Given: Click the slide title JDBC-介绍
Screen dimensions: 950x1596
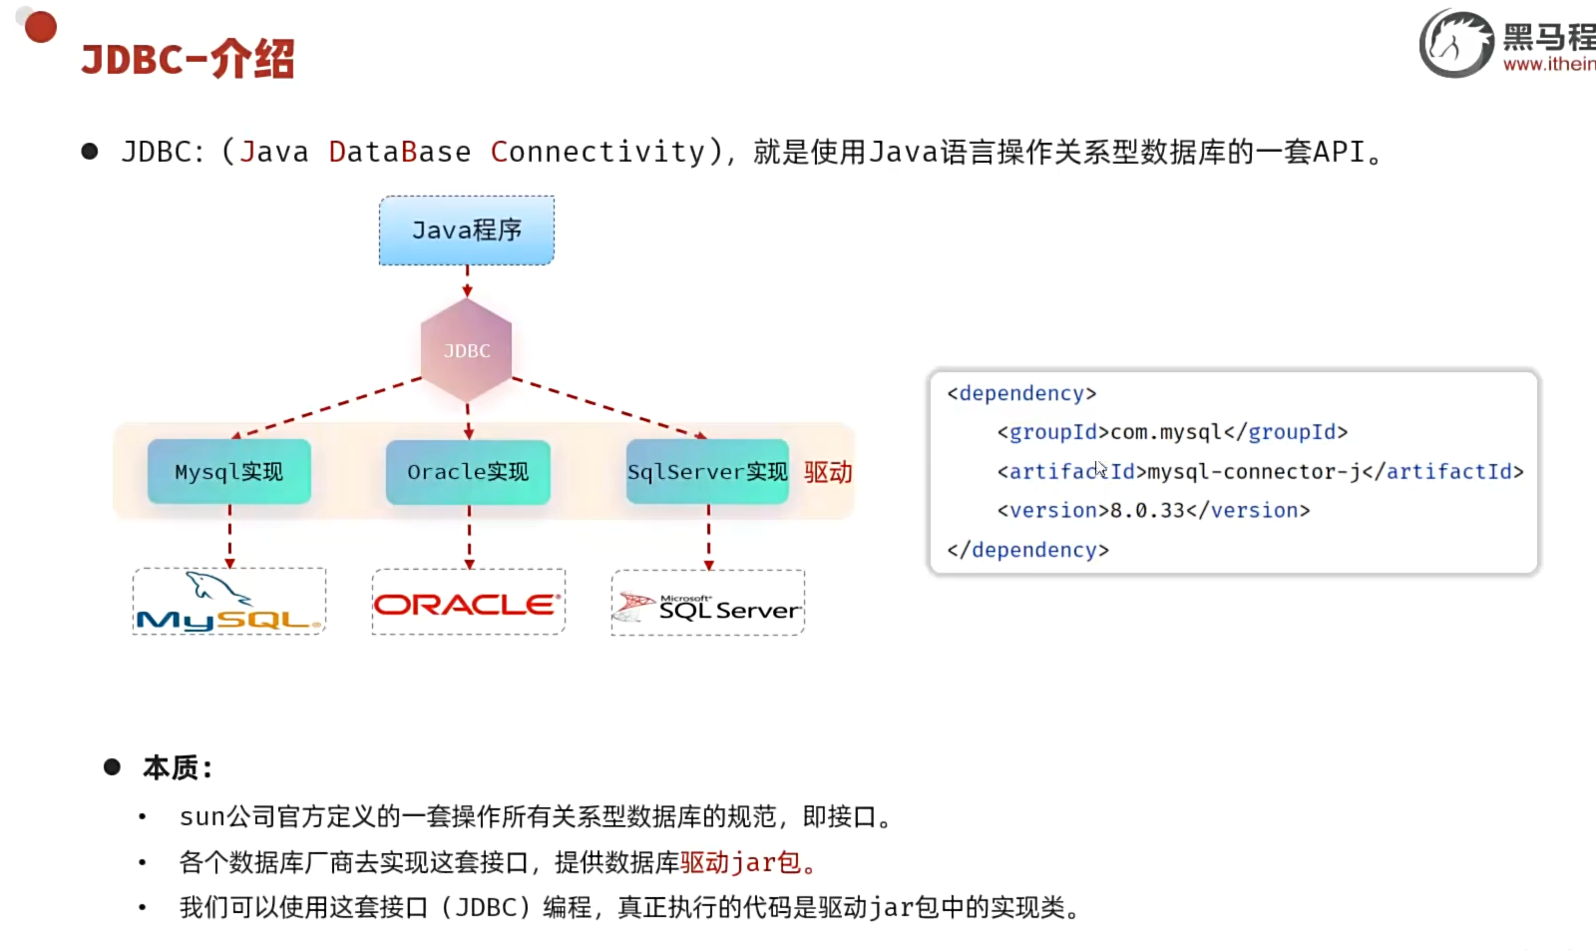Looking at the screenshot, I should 188,59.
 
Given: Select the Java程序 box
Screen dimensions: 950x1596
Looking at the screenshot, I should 467,231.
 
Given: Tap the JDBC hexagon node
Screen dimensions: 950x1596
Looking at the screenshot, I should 467,350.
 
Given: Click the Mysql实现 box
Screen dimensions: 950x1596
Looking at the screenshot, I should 229,472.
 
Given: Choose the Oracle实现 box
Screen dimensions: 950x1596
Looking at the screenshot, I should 468,472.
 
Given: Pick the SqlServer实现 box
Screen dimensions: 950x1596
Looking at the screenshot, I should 707,472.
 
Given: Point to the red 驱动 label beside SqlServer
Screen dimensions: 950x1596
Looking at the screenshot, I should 828,472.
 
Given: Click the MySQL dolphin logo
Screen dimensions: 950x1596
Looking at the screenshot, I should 229,602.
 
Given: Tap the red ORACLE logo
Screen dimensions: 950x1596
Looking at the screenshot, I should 468,604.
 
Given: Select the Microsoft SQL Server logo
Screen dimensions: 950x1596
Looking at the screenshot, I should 708,605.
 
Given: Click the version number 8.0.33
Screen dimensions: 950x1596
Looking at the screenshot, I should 1147,511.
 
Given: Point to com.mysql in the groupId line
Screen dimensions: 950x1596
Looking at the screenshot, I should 1166,432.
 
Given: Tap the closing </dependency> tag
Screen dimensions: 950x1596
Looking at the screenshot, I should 1027,550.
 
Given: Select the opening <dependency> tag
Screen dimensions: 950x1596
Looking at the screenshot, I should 1021,393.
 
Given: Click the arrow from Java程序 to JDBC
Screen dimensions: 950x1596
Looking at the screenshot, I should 467,281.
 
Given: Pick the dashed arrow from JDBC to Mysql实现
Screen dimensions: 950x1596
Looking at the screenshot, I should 329,407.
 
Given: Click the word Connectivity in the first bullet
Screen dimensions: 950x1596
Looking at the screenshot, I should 598,152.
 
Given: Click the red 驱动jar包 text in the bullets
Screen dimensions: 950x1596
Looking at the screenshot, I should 741,862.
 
